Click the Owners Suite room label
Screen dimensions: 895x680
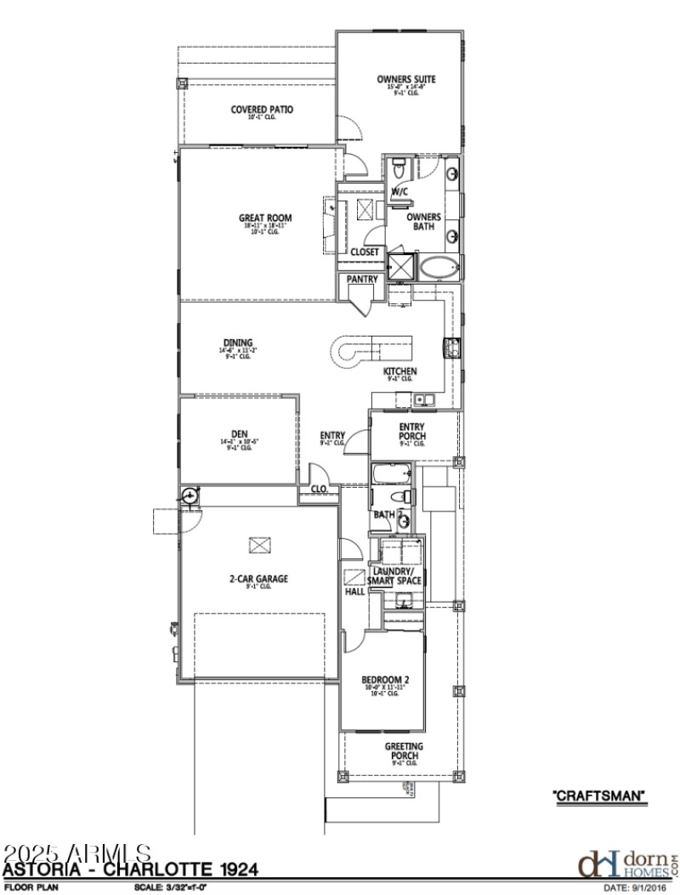click(x=406, y=80)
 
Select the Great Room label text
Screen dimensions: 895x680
click(x=264, y=218)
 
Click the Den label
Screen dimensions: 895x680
click(x=239, y=433)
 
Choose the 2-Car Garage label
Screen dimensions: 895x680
click(x=258, y=579)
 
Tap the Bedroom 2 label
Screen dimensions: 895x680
click(x=386, y=679)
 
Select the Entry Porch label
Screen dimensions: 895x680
click(x=412, y=431)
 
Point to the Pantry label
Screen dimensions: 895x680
click(x=362, y=279)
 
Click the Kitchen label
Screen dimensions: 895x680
click(x=399, y=372)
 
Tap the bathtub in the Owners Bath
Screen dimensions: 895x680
click(x=439, y=269)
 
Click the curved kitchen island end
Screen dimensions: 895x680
click(x=347, y=350)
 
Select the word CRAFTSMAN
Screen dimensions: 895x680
click(x=600, y=796)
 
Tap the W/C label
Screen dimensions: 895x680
click(x=399, y=192)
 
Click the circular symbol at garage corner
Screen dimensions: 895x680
click(x=189, y=495)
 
